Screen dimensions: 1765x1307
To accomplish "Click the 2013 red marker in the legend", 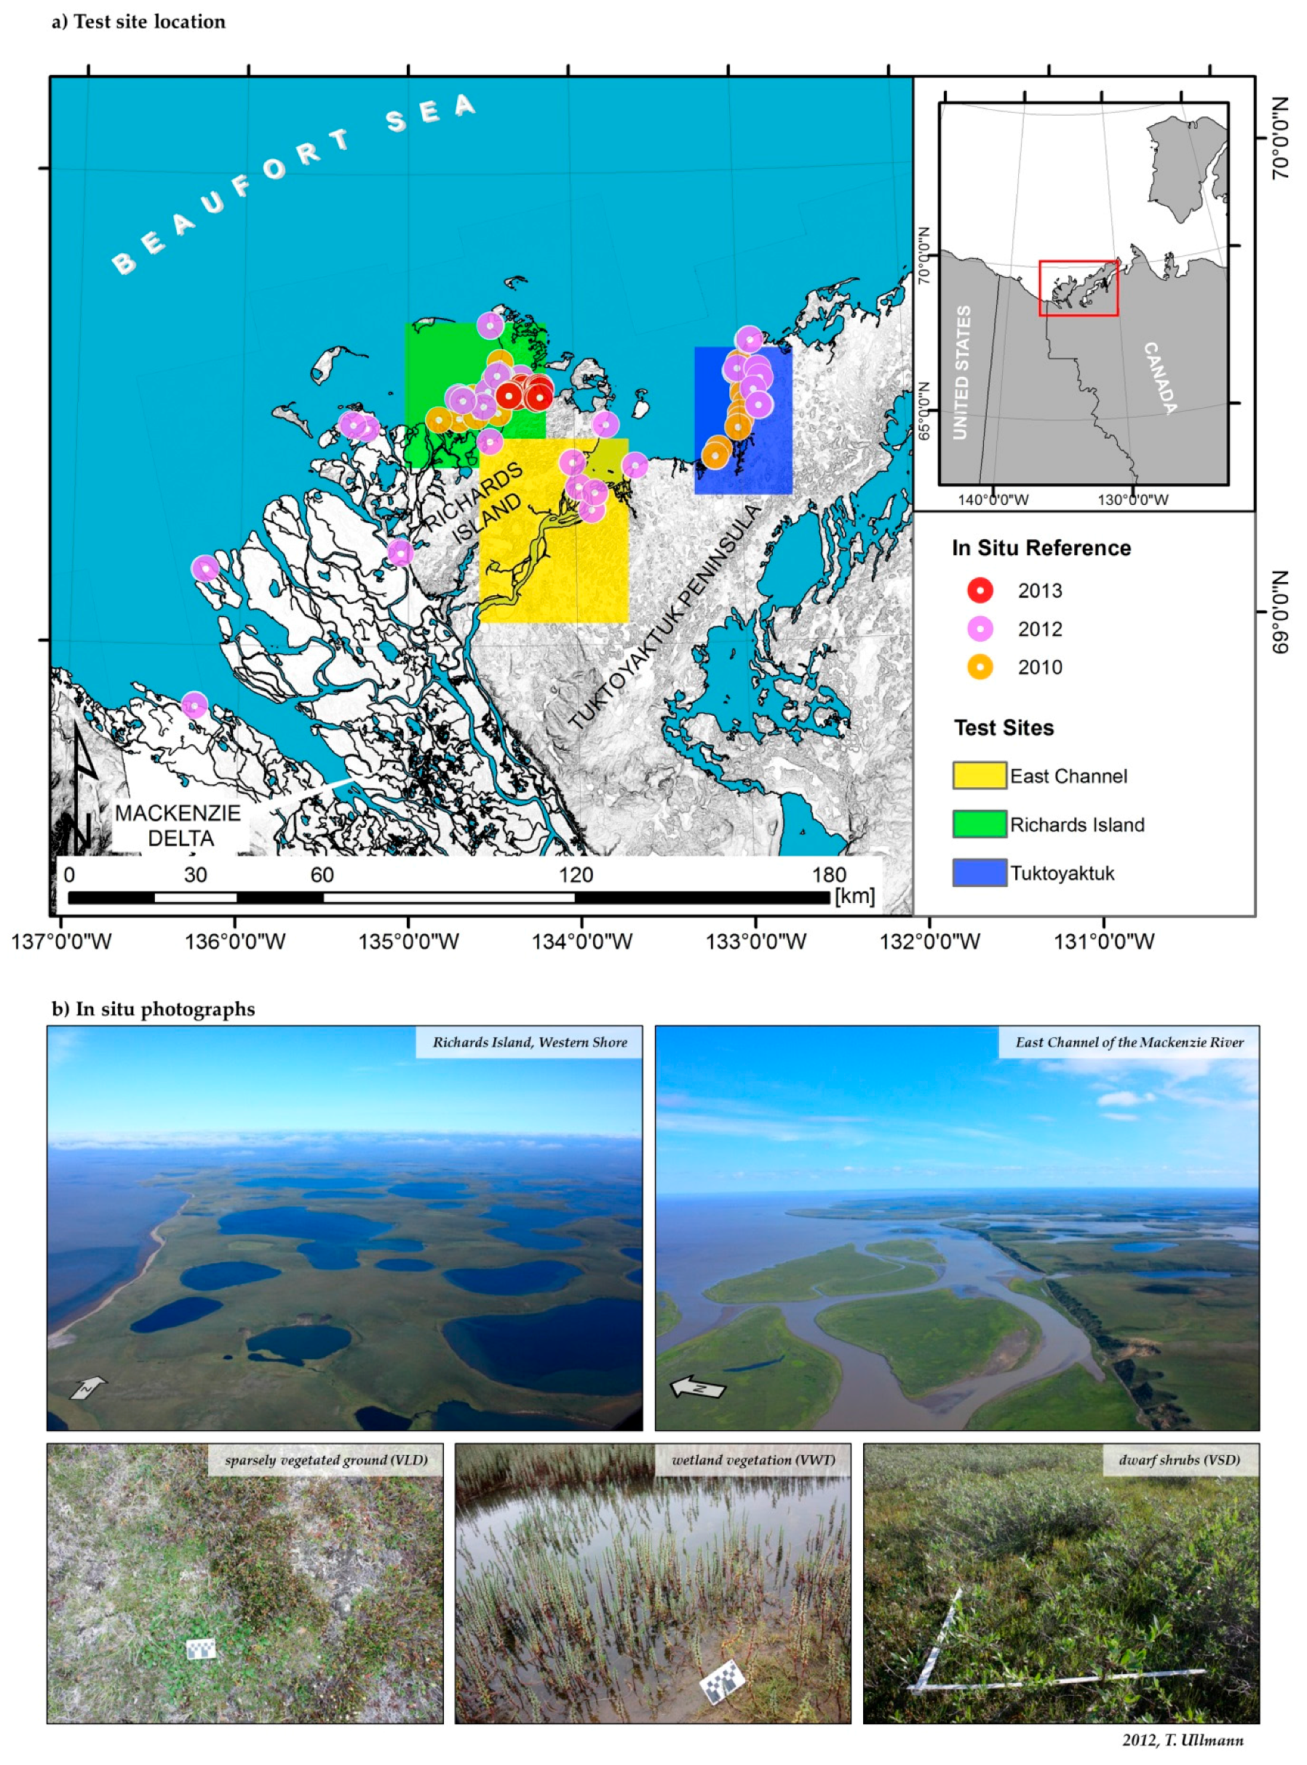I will click(x=980, y=590).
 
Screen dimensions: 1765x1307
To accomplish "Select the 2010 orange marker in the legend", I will click(x=980, y=666).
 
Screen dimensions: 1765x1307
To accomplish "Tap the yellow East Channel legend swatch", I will click(x=980, y=776).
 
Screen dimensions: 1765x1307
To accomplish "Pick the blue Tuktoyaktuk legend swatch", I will click(x=980, y=872).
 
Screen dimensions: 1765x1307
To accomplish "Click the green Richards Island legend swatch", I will click(x=980, y=824).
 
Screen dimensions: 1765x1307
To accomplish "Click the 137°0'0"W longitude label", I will click(x=61, y=941).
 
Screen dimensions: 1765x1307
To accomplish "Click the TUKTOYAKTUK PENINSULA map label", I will click(x=664, y=617).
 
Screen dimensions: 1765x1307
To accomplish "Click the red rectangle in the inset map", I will click(x=1078, y=288).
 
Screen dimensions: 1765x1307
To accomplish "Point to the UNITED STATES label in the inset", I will click(x=961, y=372).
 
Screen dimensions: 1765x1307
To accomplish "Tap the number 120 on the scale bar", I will click(x=575, y=874).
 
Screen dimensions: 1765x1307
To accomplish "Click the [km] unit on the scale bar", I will click(x=854, y=896).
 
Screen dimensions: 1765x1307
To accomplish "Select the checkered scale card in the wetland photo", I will click(x=721, y=1681).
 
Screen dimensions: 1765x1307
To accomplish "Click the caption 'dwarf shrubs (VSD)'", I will click(x=1179, y=1459).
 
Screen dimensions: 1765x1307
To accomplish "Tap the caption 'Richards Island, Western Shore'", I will click(x=529, y=1043).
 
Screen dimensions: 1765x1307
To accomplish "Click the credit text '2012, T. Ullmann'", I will click(x=1182, y=1740).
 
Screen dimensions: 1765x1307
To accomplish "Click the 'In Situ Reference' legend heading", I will click(x=1041, y=548).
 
